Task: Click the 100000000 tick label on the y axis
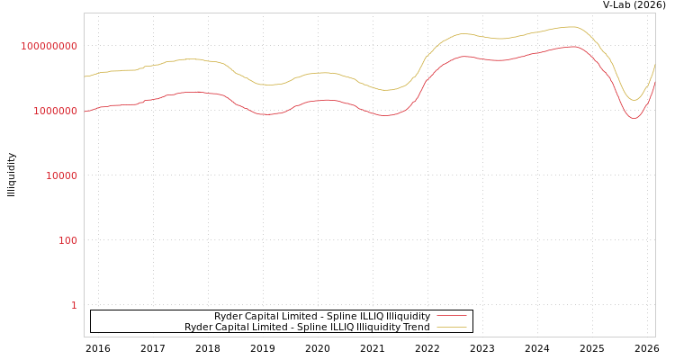(x=49, y=46)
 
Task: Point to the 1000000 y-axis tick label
(x=56, y=111)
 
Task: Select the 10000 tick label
(x=62, y=175)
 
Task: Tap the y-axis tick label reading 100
(x=68, y=240)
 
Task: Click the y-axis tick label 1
(x=74, y=305)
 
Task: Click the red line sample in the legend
(x=452, y=317)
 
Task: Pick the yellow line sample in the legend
(x=452, y=328)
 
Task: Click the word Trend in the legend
(x=416, y=328)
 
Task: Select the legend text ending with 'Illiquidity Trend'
(x=307, y=328)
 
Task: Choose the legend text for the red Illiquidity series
(x=322, y=317)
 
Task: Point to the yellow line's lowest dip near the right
(x=634, y=100)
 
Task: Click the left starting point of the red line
(x=85, y=112)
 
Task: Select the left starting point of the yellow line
(x=85, y=76)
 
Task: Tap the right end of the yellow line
(x=655, y=65)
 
